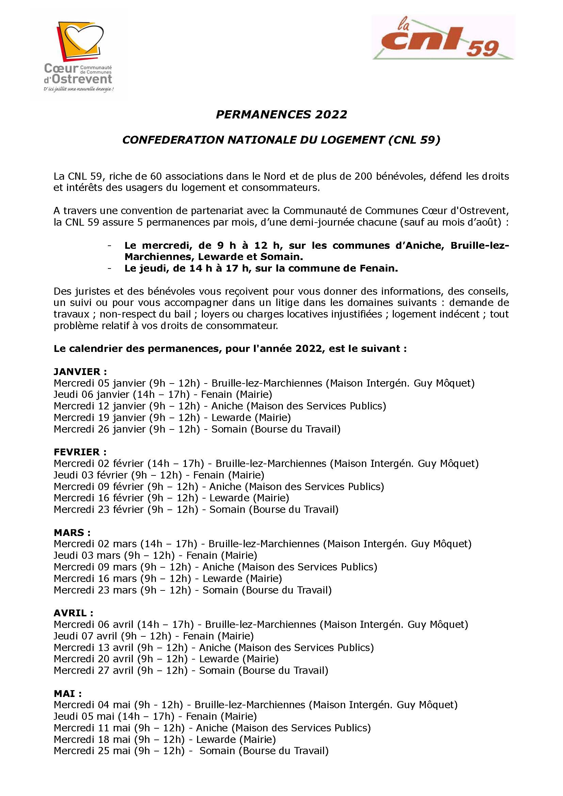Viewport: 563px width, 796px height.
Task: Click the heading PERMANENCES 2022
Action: pos(281,114)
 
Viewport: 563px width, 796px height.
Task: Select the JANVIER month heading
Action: pos(80,372)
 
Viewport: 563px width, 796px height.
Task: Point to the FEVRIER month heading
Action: pos(80,452)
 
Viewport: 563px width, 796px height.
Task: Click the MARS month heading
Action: pos(72,533)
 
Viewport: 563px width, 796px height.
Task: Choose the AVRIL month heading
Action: pos(73,613)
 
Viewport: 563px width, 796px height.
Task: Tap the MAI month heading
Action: pos(68,693)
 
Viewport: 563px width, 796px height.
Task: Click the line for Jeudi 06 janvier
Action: pos(163,394)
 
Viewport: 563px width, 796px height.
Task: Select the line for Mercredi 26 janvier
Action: pos(197,429)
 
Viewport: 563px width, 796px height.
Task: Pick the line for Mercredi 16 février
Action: pos(171,498)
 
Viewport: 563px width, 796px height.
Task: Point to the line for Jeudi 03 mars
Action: pos(155,555)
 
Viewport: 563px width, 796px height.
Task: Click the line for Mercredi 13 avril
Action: pos(213,647)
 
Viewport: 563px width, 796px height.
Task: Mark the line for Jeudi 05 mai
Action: pos(155,716)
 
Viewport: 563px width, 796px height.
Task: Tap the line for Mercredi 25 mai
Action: pos(191,751)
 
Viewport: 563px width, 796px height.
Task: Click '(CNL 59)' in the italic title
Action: pos(414,140)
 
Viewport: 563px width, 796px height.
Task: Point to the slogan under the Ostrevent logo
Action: pos(79,90)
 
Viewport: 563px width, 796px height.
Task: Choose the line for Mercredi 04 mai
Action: pos(256,705)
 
